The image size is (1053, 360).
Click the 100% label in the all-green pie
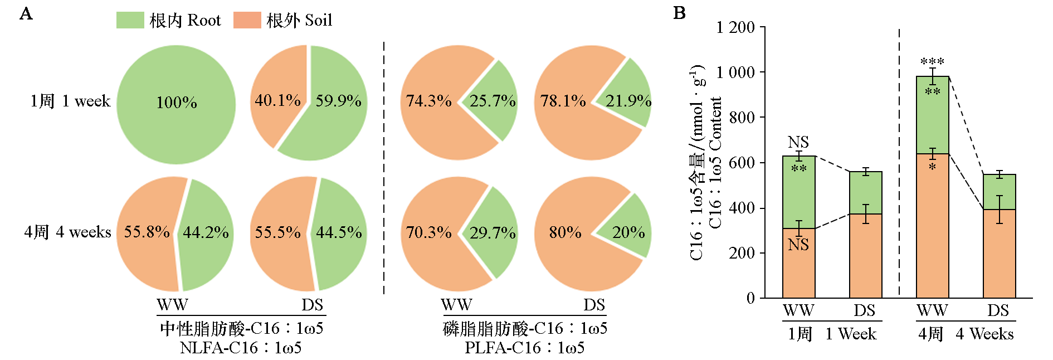coord(176,103)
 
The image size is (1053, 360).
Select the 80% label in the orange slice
coord(565,232)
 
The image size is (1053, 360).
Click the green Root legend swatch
coord(130,21)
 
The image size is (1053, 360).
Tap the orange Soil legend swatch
coord(247,21)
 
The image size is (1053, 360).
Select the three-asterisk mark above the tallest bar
coord(932,62)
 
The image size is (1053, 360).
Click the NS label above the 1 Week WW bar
coord(798,142)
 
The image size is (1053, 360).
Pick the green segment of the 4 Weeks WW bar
coord(932,117)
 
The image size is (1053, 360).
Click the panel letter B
coord(679,13)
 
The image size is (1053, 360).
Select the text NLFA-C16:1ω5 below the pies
coord(241,348)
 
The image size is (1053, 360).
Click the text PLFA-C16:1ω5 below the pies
coord(524,348)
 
